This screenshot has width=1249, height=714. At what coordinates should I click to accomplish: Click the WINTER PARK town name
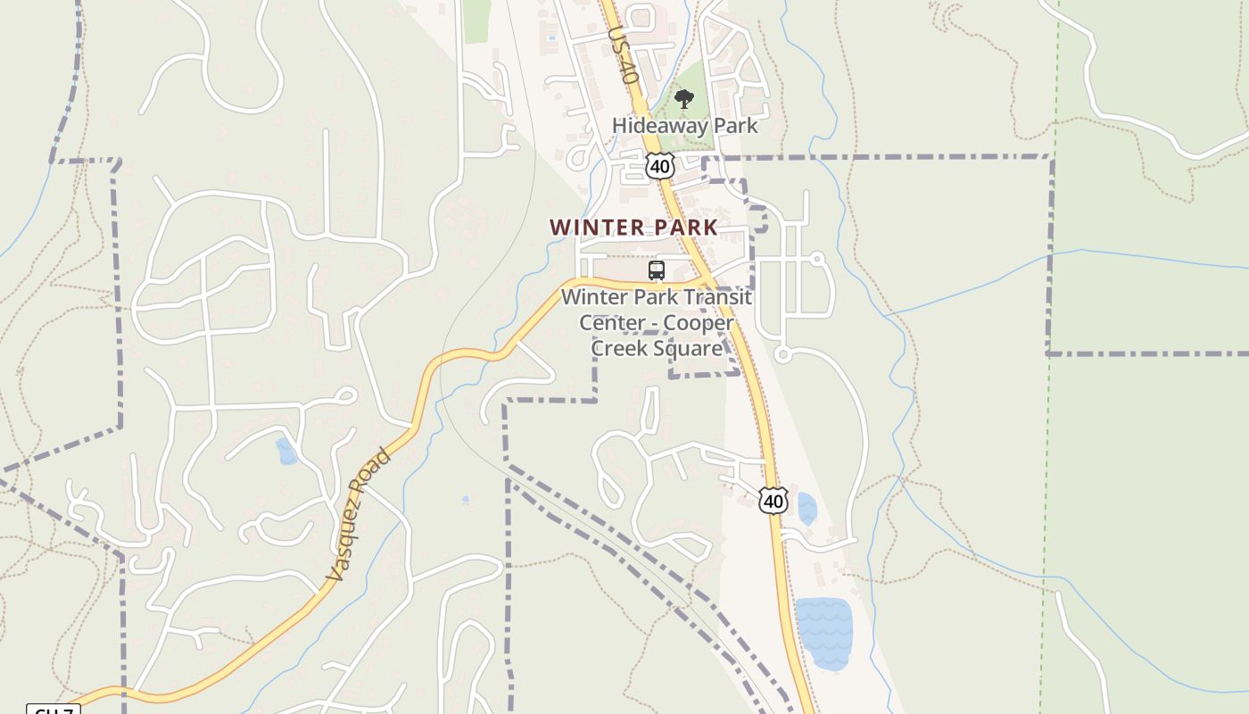(x=633, y=228)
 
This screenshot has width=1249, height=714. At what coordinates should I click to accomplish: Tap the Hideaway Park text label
(x=684, y=126)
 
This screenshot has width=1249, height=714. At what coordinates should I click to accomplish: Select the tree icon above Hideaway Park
(x=684, y=99)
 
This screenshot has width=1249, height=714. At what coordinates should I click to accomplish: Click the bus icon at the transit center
(x=657, y=270)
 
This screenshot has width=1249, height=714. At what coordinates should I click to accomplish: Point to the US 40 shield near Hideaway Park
(x=659, y=166)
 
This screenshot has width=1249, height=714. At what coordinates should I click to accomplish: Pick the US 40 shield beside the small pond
(x=773, y=501)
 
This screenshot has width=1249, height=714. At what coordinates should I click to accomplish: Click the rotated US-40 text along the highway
(x=623, y=55)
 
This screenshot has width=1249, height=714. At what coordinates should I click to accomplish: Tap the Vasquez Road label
(x=358, y=516)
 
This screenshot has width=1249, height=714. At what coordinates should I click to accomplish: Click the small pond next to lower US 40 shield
(x=806, y=509)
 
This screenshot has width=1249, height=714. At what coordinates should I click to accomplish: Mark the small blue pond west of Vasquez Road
(x=286, y=452)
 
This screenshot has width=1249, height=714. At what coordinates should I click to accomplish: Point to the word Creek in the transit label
(x=621, y=348)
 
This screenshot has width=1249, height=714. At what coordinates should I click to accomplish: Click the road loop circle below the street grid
(x=782, y=354)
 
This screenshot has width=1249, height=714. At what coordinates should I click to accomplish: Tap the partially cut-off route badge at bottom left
(x=54, y=710)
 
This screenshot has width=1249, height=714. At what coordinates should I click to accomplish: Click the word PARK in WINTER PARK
(x=685, y=228)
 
